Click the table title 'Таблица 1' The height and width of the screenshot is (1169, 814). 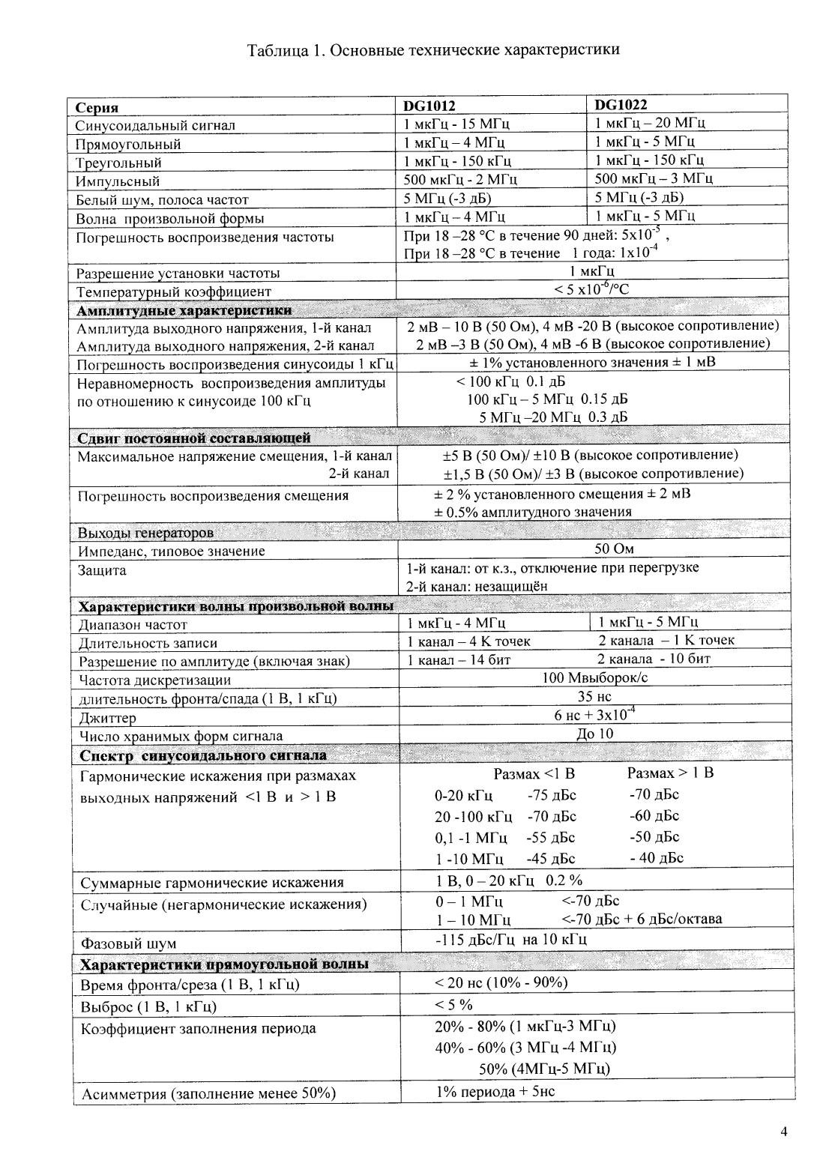click(x=433, y=50)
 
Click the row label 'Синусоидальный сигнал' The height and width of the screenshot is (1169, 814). click(x=155, y=125)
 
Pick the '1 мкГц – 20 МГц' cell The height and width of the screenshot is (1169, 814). click(x=650, y=123)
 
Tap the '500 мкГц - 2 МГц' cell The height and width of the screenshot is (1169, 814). click(x=460, y=180)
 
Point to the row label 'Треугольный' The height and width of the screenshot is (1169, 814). click(x=118, y=163)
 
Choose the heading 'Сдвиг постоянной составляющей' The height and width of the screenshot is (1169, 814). click(x=194, y=438)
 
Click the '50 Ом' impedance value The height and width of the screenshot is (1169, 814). click(x=614, y=549)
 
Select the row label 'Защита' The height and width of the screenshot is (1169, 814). click(x=103, y=570)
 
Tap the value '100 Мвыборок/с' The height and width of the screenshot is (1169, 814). click(x=594, y=677)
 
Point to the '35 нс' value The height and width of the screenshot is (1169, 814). click(x=594, y=696)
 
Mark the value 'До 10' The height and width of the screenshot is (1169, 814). click(x=594, y=734)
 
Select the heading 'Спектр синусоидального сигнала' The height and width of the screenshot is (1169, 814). click(x=203, y=755)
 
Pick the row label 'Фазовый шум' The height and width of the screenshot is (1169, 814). click(x=128, y=943)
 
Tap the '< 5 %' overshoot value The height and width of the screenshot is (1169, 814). click(x=453, y=1004)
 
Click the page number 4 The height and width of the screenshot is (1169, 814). click(x=783, y=1132)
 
